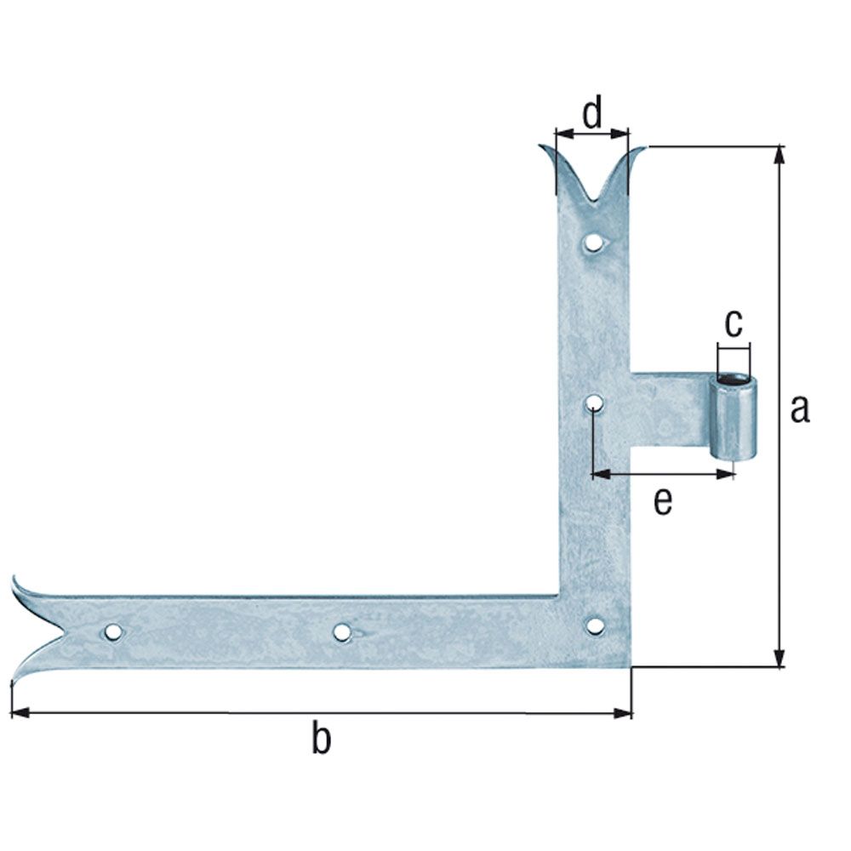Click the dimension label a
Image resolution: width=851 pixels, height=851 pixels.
[799, 408]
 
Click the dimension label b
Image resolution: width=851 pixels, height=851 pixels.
[320, 738]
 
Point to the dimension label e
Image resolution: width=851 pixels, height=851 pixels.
[662, 502]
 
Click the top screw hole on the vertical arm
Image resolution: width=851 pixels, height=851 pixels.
[593, 243]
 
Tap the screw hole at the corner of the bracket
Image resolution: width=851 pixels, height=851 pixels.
[595, 626]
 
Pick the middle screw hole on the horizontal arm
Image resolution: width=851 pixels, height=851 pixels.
[342, 631]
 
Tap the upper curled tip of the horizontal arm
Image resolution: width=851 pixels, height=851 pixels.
[17, 584]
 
